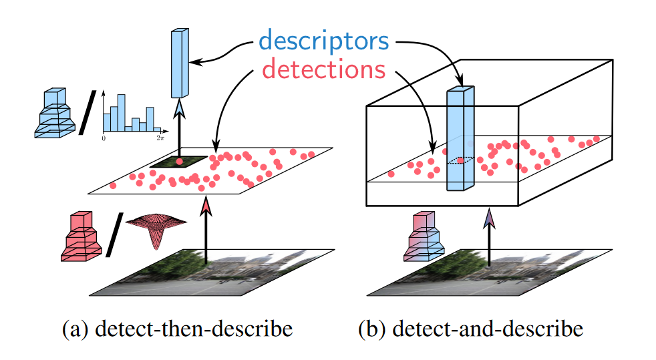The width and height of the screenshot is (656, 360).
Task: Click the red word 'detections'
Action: [323, 68]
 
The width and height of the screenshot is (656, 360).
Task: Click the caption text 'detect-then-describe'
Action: [176, 329]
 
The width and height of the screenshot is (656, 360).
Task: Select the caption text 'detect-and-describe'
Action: [470, 329]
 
